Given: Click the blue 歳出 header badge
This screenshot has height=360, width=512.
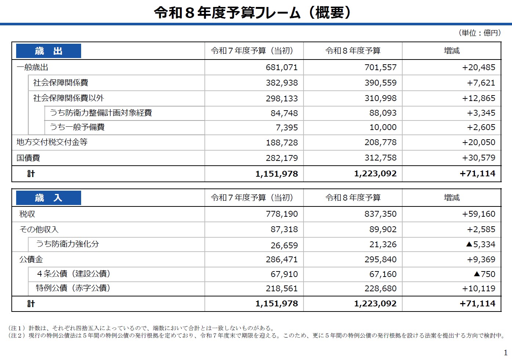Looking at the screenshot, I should tap(48, 51).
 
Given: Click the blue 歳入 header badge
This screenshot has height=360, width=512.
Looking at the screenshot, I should tap(48, 198).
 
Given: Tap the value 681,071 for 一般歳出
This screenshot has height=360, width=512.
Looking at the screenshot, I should tap(282, 68).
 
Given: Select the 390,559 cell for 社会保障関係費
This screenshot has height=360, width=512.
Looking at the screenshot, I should tap(380, 83).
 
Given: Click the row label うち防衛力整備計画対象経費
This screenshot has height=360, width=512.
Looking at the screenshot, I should tap(101, 113).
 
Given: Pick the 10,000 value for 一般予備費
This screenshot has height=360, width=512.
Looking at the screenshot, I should tap(383, 127).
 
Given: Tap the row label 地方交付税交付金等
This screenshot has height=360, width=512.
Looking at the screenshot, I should tap(52, 142).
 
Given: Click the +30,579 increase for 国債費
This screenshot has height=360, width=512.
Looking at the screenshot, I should tap(479, 158).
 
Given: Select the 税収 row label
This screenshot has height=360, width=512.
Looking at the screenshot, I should tap(27, 214).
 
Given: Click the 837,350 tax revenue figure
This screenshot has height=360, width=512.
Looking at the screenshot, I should tap(380, 214).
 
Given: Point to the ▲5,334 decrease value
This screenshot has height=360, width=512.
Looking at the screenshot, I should tap(480, 244).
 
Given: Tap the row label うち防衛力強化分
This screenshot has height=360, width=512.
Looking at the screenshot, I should tap(68, 244).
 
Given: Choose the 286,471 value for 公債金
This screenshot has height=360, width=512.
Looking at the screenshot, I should tap(282, 260).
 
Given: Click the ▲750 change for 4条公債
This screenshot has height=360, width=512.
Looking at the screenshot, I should tap(484, 274).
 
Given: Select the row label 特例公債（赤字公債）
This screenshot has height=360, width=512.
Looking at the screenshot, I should tap(73, 288).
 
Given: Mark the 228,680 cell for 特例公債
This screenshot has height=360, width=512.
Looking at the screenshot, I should tap(380, 289).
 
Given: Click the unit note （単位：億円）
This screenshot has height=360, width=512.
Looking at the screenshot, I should tap(480, 33).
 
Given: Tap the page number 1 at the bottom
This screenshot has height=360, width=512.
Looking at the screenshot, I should tap(505, 353).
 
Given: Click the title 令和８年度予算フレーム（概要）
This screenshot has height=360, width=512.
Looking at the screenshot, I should tap(253, 13).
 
